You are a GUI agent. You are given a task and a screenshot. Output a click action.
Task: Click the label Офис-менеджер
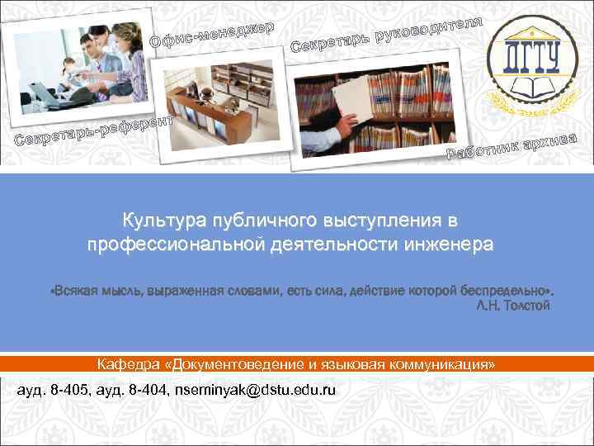point(212,32)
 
